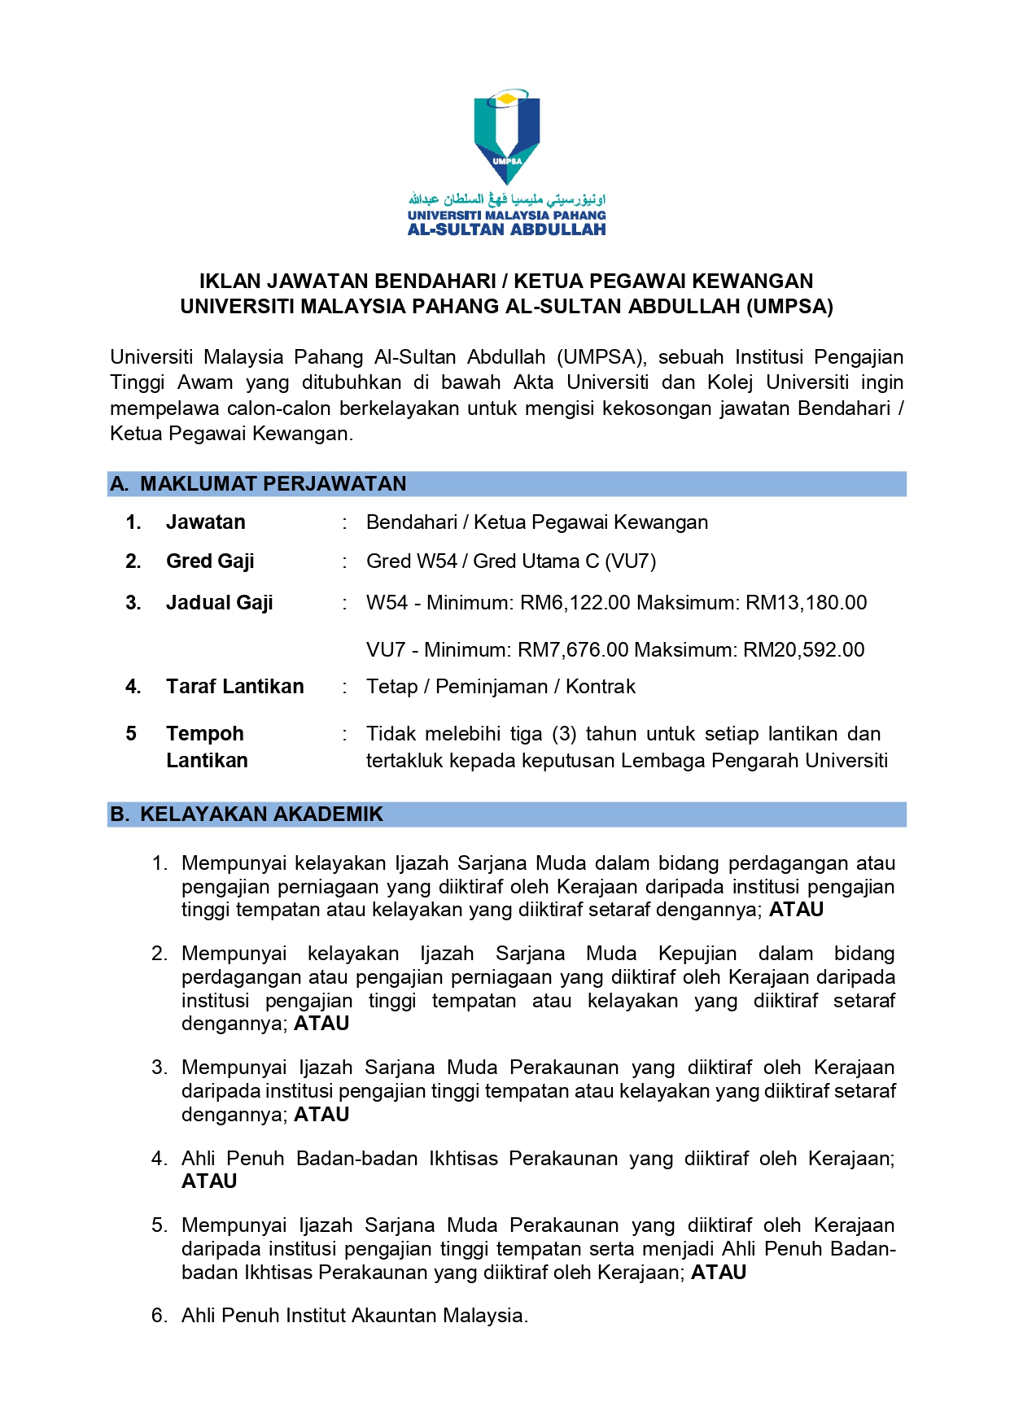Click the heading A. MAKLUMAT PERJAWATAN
(x=258, y=484)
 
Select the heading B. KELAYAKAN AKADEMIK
(x=247, y=814)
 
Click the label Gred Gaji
(x=210, y=561)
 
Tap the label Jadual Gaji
(x=219, y=603)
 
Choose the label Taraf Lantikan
(x=234, y=687)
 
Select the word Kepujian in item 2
(x=697, y=954)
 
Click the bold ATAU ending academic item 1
(x=796, y=910)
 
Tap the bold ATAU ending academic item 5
(x=719, y=1273)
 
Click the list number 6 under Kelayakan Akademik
(x=159, y=1316)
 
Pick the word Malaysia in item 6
(x=485, y=1316)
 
